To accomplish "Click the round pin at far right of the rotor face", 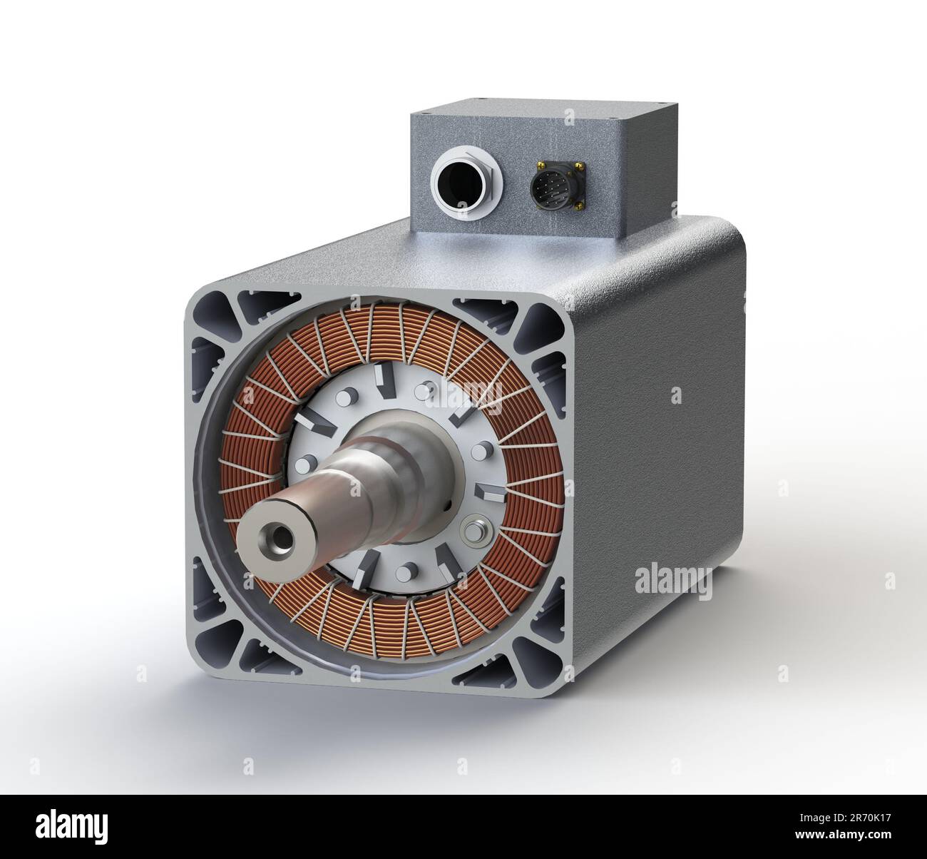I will click(482, 451).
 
